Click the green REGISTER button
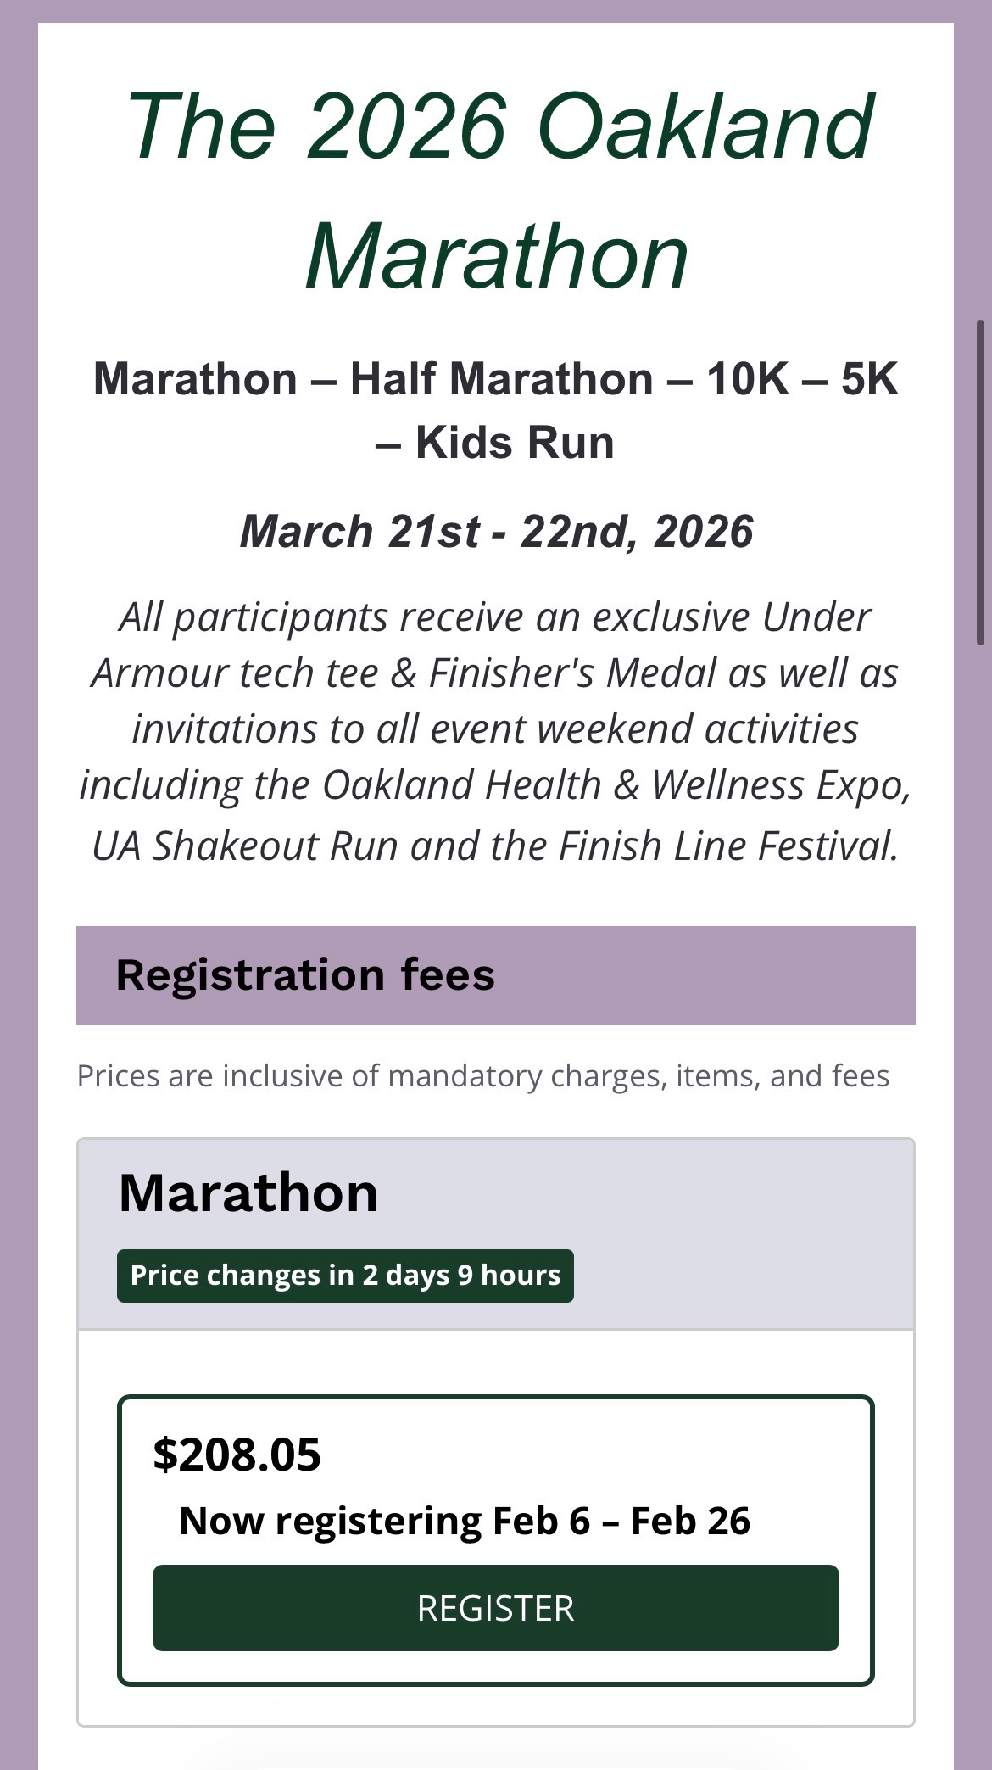[495, 1608]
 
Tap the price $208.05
[237, 1455]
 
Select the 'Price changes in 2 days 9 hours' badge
[345, 1276]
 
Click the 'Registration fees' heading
[305, 974]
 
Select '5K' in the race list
[870, 378]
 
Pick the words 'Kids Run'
[515, 443]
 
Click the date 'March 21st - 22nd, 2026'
[497, 532]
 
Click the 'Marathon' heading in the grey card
[248, 1192]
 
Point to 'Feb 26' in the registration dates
[690, 1522]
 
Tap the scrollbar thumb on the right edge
[981, 483]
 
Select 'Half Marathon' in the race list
[502, 378]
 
